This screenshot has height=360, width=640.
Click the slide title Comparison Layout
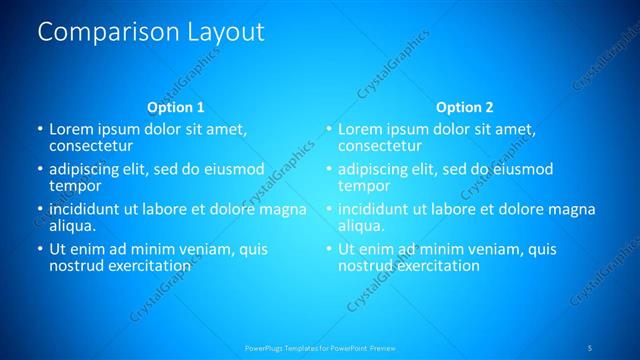[151, 32]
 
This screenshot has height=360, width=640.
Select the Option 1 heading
[176, 107]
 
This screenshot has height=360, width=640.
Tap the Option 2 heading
[465, 107]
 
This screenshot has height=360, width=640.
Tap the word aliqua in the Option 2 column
[361, 226]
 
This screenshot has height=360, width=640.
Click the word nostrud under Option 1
[78, 266]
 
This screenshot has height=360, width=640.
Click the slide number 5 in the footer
[591, 347]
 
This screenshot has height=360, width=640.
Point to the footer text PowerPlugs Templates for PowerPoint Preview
[320, 347]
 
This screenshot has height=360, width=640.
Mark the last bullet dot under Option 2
[329, 249]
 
